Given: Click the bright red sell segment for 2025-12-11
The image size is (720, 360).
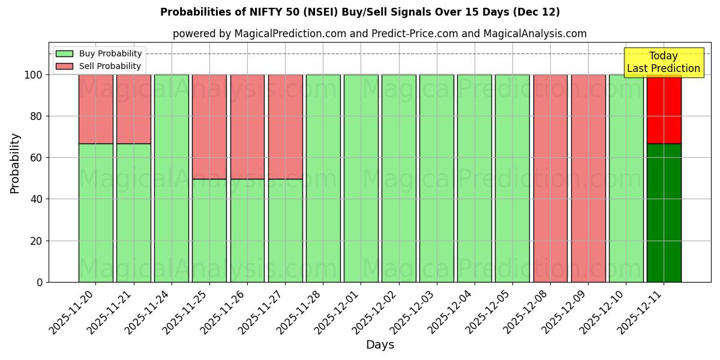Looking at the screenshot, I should pos(664,109).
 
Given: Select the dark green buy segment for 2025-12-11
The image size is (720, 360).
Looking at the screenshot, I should pos(664,213).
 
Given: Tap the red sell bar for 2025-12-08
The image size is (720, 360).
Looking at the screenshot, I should pos(550,178).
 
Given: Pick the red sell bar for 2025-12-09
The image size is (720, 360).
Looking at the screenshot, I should pos(588,178).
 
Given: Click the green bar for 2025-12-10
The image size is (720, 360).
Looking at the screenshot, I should pos(626,178).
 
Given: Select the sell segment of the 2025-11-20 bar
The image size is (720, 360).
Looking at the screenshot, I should pos(95,109).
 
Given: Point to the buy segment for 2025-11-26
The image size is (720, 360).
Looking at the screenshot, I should pos(247,230).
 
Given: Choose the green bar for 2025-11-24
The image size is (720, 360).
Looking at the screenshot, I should pos(172,178).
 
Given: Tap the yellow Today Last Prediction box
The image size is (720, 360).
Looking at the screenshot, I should pos(663,62).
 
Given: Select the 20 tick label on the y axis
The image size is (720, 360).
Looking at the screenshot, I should pos(37,241).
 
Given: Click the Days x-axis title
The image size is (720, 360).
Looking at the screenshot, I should pos(380,345).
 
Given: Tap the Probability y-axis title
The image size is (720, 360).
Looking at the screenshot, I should pos(15,163).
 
